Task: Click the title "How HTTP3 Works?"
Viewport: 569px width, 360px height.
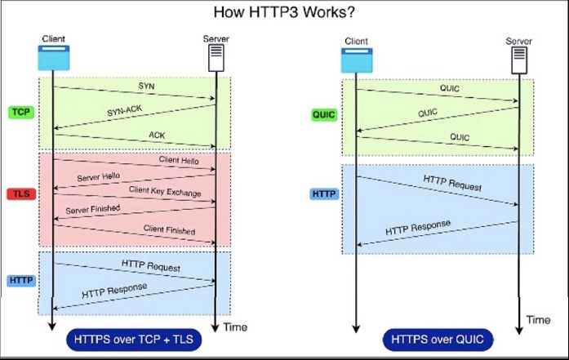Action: (x=283, y=12)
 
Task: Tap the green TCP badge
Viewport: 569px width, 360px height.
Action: (x=20, y=111)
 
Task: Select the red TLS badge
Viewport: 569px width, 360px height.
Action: (x=20, y=194)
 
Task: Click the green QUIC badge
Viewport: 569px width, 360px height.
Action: (x=324, y=115)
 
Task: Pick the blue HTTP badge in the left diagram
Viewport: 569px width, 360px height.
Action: (x=20, y=280)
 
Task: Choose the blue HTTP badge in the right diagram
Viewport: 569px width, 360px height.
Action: (x=324, y=193)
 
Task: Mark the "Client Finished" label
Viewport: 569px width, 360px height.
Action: (x=169, y=229)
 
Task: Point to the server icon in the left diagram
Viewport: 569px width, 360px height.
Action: (x=216, y=57)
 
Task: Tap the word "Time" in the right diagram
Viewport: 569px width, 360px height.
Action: (x=538, y=319)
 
